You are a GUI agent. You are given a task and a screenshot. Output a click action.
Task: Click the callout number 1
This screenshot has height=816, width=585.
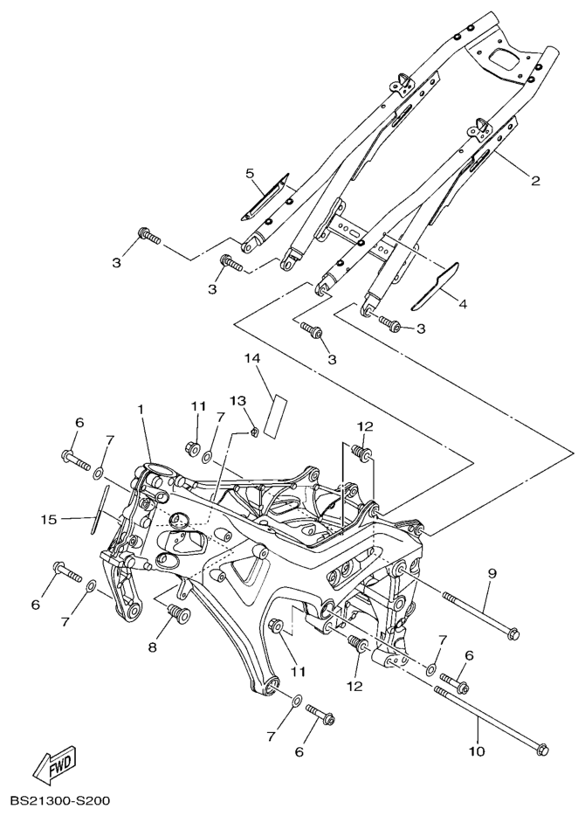coord(140,409)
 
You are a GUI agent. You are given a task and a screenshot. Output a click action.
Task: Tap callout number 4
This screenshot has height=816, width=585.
coord(462,305)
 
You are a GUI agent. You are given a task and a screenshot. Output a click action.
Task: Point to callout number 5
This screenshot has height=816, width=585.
coord(249,173)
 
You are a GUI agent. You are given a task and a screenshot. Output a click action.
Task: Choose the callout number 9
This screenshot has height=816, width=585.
coord(492,574)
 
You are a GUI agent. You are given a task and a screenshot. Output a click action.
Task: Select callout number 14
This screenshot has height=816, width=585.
coord(252,358)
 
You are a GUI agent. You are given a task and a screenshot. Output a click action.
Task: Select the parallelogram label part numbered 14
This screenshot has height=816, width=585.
coord(275,412)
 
